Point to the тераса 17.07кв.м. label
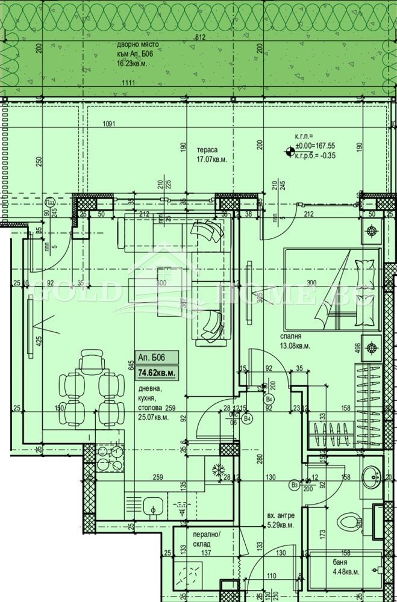pyautogui.click(x=210, y=155)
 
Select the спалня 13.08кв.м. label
pyautogui.click(x=294, y=341)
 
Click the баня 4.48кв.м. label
pyautogui.click(x=327, y=565)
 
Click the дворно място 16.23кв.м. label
pyautogui.click(x=140, y=54)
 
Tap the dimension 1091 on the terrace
pyautogui.click(x=109, y=125)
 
